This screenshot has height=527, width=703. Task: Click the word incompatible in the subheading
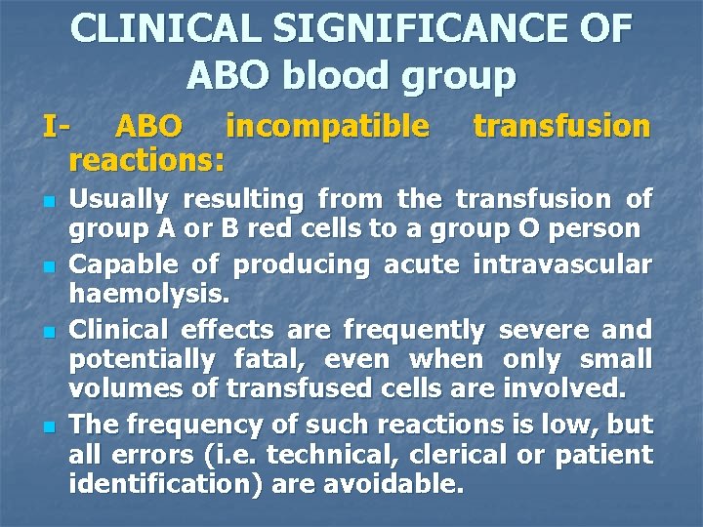tap(327, 127)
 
